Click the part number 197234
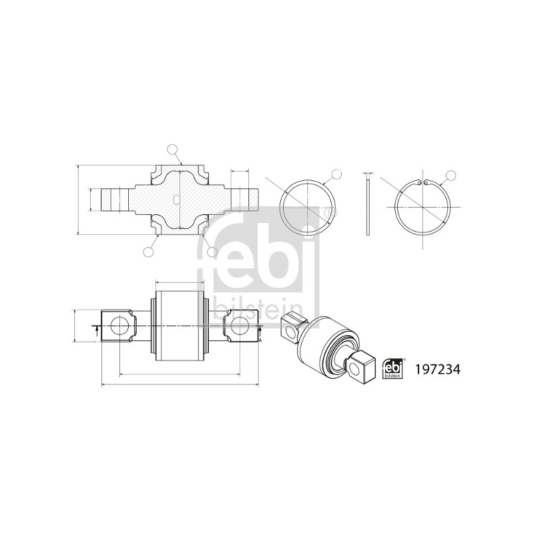pyautogui.click(x=437, y=370)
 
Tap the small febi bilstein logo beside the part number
pyautogui.click(x=393, y=368)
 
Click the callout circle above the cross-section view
pyautogui.click(x=173, y=150)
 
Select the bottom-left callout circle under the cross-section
pyautogui.click(x=148, y=252)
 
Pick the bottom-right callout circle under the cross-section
pyautogui.click(x=212, y=252)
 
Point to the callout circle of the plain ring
pyautogui.click(x=336, y=174)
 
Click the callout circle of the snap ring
pyautogui.click(x=451, y=175)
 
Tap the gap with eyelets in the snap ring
pyautogui.click(x=423, y=182)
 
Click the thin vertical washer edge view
pyautogui.click(x=368, y=204)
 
